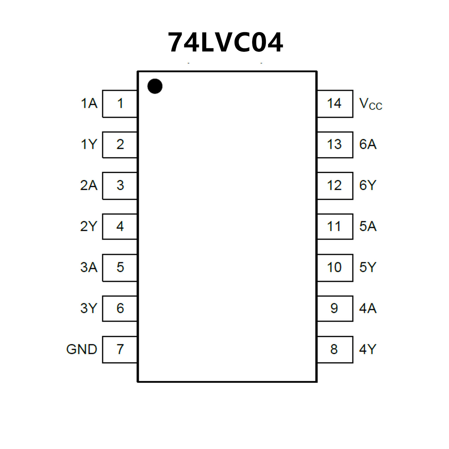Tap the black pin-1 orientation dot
[155, 86]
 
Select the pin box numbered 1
[120, 104]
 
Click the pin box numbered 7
[120, 349]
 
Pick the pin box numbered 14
[335, 104]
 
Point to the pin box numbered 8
[335, 349]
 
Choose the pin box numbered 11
[335, 226]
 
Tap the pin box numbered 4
[120, 226]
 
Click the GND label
[82, 349]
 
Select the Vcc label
[371, 104]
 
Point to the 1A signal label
[89, 104]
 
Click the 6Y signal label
[368, 185]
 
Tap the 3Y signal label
[88, 308]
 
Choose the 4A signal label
[368, 308]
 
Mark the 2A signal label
[89, 185]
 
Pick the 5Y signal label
[368, 267]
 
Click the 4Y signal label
[368, 349]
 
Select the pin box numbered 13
[335, 144]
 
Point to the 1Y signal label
[89, 144]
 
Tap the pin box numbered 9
[335, 308]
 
